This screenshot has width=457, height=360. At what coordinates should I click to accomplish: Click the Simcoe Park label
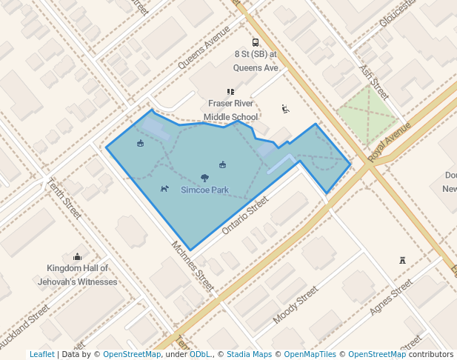click(x=205, y=190)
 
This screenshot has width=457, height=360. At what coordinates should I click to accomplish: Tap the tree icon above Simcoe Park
click(x=204, y=178)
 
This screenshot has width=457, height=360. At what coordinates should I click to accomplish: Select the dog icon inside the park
click(x=164, y=188)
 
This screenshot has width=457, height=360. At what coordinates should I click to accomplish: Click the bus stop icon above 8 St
click(x=256, y=42)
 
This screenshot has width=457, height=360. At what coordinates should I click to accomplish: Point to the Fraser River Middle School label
click(x=231, y=110)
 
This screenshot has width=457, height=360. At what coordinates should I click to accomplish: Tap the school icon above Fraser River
click(x=231, y=92)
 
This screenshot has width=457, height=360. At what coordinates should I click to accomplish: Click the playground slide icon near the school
click(x=285, y=109)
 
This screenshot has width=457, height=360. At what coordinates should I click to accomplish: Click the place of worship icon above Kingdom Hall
click(x=77, y=256)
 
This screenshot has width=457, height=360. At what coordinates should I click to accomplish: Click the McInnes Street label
click(x=193, y=265)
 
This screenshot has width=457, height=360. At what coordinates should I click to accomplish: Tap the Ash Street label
click(x=374, y=81)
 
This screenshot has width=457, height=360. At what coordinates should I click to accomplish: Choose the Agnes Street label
click(x=391, y=296)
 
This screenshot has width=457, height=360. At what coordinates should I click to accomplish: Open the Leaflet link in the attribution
click(x=41, y=355)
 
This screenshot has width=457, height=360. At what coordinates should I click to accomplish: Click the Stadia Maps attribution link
click(x=249, y=355)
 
